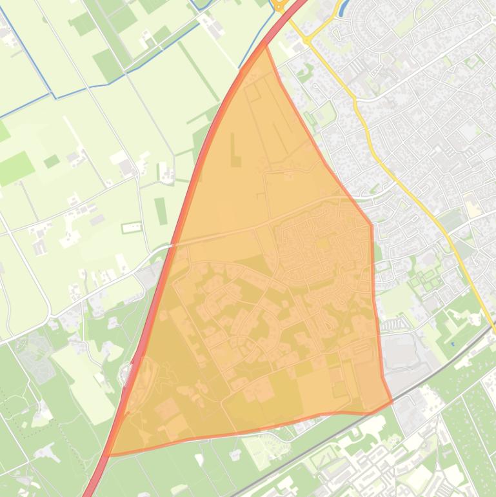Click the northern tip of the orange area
[265, 46]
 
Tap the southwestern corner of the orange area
[110, 454]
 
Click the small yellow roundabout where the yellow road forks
[307, 40]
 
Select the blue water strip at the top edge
[341, 6]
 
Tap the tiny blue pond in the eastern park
[453, 343]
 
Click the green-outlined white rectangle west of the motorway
[132, 227]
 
